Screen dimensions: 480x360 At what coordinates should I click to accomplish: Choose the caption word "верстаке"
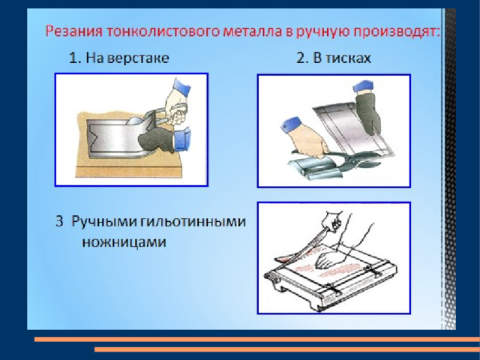pyautogui.click(x=139, y=58)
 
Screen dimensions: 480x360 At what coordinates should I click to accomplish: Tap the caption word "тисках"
pyautogui.click(x=348, y=58)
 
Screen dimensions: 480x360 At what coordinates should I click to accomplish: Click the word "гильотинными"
pyautogui.click(x=193, y=221)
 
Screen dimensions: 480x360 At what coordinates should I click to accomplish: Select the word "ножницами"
pyautogui.click(x=124, y=241)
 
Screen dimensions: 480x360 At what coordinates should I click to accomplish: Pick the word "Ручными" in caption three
pyautogui.click(x=104, y=222)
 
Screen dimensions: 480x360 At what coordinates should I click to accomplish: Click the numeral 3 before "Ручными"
pyautogui.click(x=59, y=221)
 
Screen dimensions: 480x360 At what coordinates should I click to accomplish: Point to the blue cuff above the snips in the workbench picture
pyautogui.click(x=181, y=88)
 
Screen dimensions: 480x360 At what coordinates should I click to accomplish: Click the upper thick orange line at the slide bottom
pyautogui.click(x=257, y=339)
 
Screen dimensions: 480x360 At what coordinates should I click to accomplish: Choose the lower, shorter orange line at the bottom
pyautogui.click(x=287, y=349)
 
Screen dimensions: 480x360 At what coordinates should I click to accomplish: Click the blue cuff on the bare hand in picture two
pyautogui.click(x=290, y=125)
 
